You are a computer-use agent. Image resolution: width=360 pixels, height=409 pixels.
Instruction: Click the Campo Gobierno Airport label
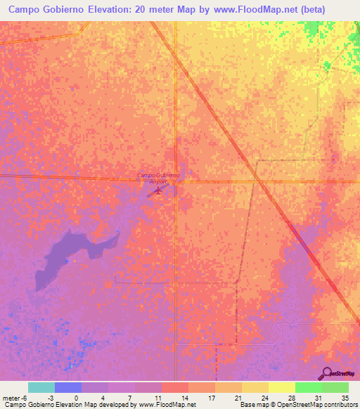tap(158, 178)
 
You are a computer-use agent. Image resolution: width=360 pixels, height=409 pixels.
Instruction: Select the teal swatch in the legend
tap(41, 387)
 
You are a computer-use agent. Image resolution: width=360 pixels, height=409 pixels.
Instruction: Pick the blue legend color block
tap(68, 387)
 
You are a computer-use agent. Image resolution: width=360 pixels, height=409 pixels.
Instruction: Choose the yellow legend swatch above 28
tap(281, 387)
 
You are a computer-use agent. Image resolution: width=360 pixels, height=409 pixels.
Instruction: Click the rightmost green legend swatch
tap(335, 387)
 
